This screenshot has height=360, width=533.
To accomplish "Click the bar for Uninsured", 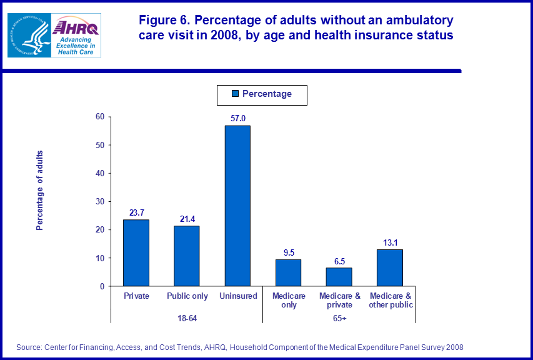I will coord(237,206).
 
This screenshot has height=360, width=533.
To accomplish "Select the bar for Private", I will coord(136,252).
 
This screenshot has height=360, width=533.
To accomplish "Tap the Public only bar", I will coord(187,256).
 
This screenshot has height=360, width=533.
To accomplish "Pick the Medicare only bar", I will coord(288,272).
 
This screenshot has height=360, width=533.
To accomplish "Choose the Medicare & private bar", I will coord(339,277).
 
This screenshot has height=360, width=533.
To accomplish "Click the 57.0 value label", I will coord(237,118).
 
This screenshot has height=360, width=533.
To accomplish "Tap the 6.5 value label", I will coord(339,261).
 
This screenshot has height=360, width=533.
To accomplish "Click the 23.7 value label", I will coord(136,212).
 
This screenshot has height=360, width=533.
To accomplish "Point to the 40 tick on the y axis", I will coord(99,173).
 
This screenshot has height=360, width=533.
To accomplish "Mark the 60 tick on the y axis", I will coord(99,117).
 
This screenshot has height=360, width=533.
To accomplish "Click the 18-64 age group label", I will coord(186,319).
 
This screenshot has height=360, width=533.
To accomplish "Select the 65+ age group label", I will coord(339,319).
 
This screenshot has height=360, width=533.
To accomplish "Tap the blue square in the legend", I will coord(236,94).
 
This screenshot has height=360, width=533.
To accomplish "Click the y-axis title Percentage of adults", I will coord(40,191).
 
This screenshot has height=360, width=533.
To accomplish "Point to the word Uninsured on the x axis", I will coord(237,296).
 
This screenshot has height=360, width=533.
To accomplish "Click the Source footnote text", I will coord(240,347).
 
